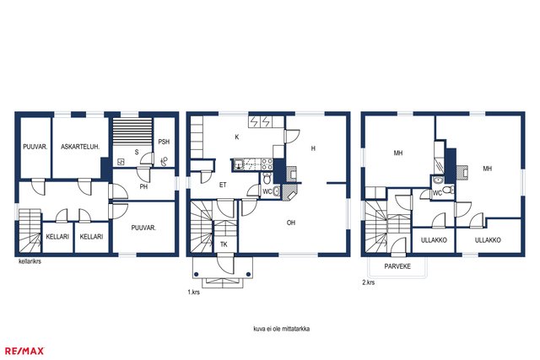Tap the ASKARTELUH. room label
(x=80, y=147)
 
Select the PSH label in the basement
(x=164, y=142)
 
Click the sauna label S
(x=137, y=152)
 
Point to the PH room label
(x=143, y=187)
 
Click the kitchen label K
(x=237, y=137)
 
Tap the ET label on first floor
(x=223, y=185)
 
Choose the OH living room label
(x=291, y=223)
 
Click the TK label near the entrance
(x=224, y=244)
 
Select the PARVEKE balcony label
(x=397, y=266)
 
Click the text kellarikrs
(x=30, y=261)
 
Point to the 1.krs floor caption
(x=193, y=293)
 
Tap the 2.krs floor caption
(x=369, y=282)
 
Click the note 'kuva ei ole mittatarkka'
(x=282, y=329)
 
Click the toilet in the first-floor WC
(x=267, y=179)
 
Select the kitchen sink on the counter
(x=238, y=164)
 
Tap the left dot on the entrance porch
(x=196, y=274)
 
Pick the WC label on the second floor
(x=437, y=193)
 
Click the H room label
(x=313, y=148)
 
